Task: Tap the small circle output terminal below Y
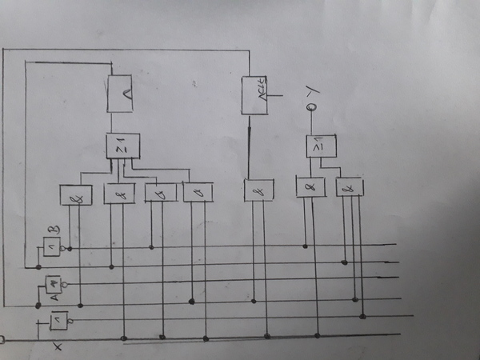[x=312, y=106]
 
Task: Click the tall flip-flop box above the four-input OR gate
[x=120, y=94]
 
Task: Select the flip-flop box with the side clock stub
[x=255, y=95]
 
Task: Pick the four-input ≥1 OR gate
[x=122, y=146]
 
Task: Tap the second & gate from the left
[x=119, y=194]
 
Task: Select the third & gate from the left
[x=160, y=192]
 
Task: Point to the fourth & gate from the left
[x=198, y=192]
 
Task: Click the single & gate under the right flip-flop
[x=258, y=190]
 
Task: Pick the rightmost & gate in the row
[x=350, y=187]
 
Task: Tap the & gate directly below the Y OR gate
[x=310, y=187]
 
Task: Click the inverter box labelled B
[x=52, y=246]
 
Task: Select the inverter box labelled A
[x=53, y=283]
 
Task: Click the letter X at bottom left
[x=57, y=346]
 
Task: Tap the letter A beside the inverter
[x=54, y=298]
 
